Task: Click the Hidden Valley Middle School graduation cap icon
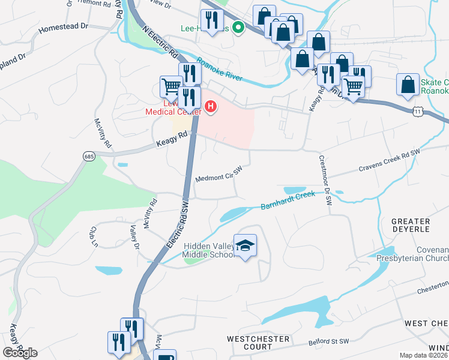pyautogui.click(x=245, y=246)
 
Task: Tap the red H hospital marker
pyautogui.click(x=211, y=107)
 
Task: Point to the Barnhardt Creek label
pyautogui.click(x=288, y=200)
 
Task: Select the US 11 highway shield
pyautogui.click(x=419, y=112)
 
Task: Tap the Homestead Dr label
pyautogui.click(x=63, y=28)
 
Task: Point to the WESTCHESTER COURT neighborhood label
pyautogui.click(x=258, y=343)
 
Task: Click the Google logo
pyautogui.click(x=20, y=352)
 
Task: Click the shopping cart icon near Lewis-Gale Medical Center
pyautogui.click(x=171, y=86)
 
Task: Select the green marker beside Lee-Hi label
pyautogui.click(x=238, y=28)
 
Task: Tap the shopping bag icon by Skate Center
pyautogui.click(x=408, y=85)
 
